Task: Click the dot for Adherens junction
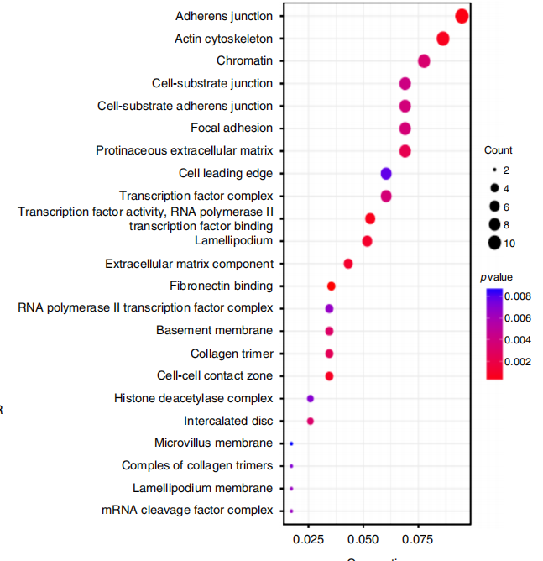click(462, 16)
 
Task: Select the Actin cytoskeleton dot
click(443, 39)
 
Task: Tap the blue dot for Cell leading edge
click(386, 174)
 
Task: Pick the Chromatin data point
click(424, 61)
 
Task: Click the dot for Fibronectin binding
click(332, 286)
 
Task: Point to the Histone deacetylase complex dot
click(311, 398)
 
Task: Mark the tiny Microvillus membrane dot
click(291, 443)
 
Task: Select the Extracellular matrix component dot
click(348, 264)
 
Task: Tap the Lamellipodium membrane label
click(202, 488)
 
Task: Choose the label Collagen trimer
click(232, 354)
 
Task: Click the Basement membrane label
click(214, 331)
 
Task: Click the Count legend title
click(499, 150)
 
